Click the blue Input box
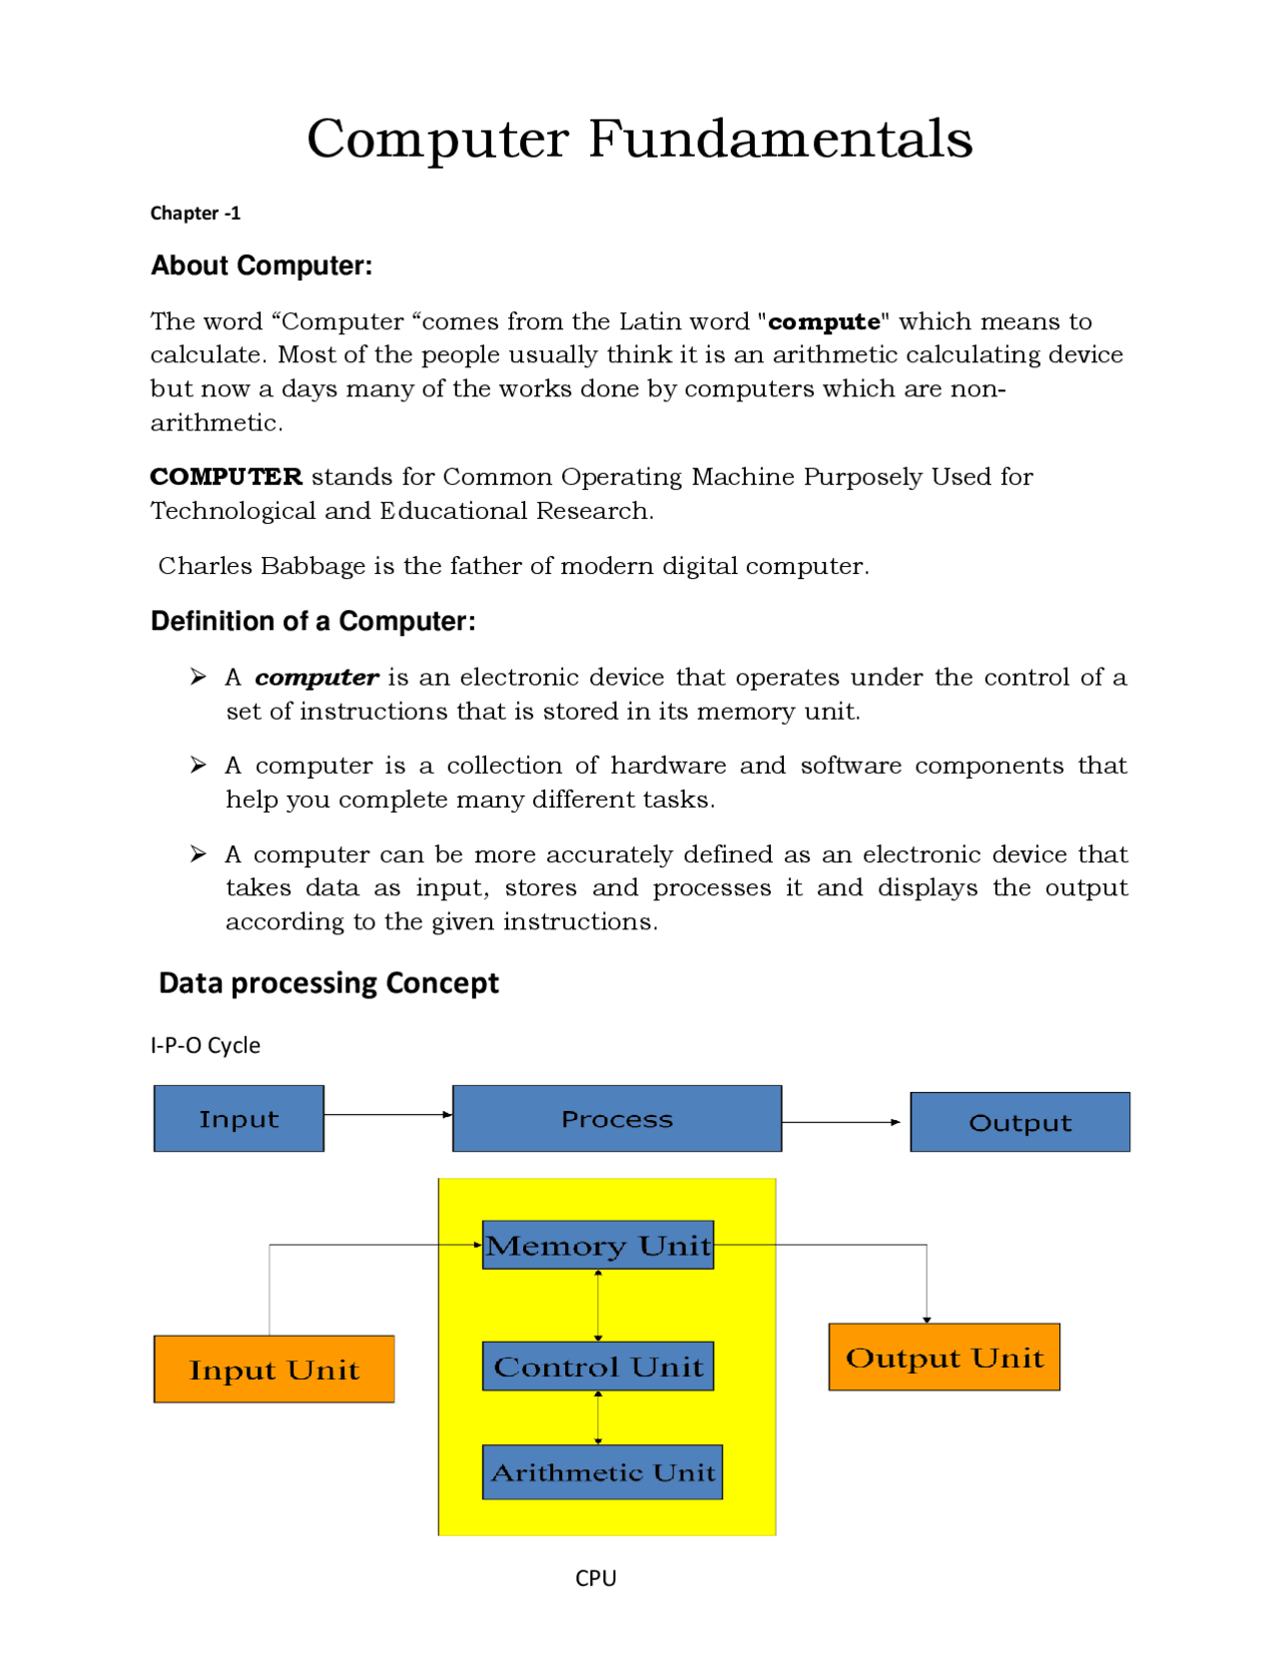239,1118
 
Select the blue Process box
616,1118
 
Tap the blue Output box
1019,1122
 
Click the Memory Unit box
597,1245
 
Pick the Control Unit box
597,1366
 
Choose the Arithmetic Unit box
602,1471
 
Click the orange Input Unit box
274,1369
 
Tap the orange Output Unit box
944,1357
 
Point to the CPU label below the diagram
595,1577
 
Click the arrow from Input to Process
387,1114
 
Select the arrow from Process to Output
841,1122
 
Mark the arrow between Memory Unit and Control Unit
598,1305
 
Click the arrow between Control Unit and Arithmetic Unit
598,1416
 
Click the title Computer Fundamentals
639,138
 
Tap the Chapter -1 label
195,213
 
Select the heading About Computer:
262,266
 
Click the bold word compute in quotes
824,321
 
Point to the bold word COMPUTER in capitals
226,476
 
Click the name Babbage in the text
313,566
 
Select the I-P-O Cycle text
205,1045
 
